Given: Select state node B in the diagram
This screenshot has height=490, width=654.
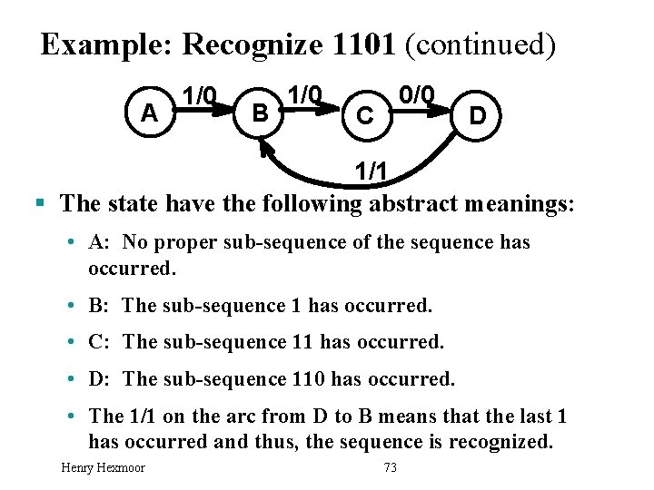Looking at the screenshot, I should tap(260, 113).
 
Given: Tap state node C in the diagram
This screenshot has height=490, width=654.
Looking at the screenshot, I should tap(364, 116).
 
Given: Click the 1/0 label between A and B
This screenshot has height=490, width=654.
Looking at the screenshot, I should tap(200, 94).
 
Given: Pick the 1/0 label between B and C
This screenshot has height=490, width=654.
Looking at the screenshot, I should tap(304, 94).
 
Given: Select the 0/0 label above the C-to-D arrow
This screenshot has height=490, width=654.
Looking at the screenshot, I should tap(418, 94).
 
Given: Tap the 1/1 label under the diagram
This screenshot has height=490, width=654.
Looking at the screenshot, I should tap(374, 170).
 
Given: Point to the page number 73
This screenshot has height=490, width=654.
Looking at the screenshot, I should tap(391, 467).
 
